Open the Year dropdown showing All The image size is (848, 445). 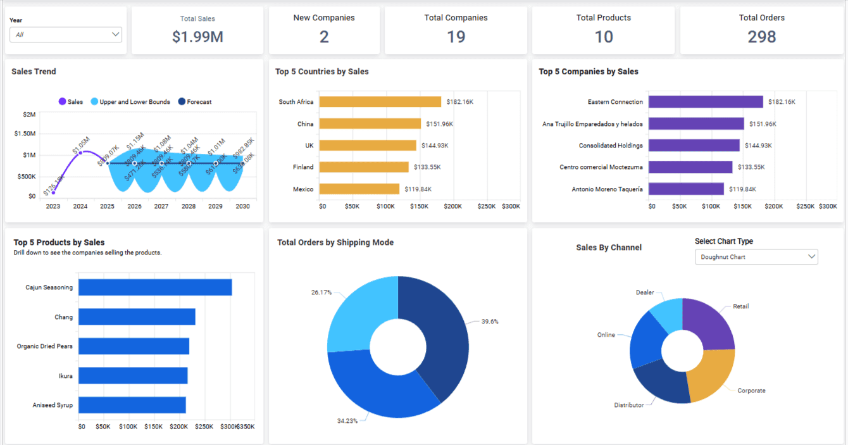(x=66, y=35)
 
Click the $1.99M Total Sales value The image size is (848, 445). (x=197, y=37)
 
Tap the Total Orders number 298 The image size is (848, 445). (x=761, y=37)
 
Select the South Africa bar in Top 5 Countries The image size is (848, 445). (x=380, y=102)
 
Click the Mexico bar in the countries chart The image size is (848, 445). (x=359, y=189)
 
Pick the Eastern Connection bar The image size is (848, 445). (x=706, y=102)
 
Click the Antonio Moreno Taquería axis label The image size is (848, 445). (x=607, y=189)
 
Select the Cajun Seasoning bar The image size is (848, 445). (x=154, y=287)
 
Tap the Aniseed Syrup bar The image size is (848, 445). (x=132, y=405)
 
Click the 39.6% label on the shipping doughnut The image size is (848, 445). (x=489, y=322)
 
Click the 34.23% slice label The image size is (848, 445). (x=347, y=420)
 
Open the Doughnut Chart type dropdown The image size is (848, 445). (x=756, y=257)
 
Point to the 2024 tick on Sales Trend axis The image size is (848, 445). (x=80, y=206)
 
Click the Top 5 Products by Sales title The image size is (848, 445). (x=59, y=242)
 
